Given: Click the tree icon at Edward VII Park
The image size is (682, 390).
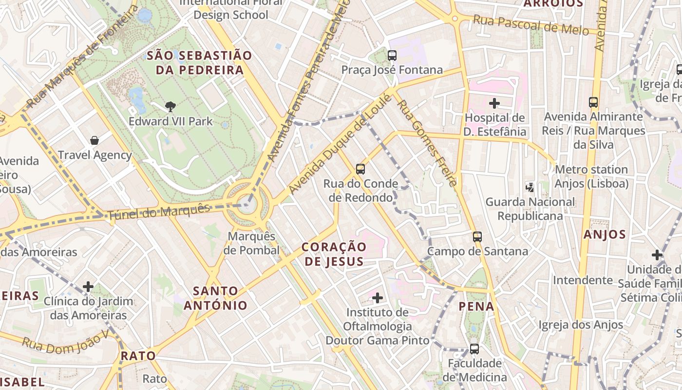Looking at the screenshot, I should click(170, 106).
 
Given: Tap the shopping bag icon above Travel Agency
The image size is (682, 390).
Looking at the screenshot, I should click(95, 140).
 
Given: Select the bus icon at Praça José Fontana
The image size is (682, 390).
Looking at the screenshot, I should click(392, 56).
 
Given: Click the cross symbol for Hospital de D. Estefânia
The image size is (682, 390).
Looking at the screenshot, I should click(494, 103).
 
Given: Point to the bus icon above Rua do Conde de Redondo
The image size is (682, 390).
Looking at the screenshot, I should click(360, 169).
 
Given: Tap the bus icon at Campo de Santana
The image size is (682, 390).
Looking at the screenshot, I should click(477, 237).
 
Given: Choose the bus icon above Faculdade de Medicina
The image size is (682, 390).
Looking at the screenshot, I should click(474, 349).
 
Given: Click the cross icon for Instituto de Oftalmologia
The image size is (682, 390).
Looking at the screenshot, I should click(378, 297).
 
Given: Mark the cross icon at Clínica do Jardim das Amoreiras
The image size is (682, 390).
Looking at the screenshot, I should click(88, 287).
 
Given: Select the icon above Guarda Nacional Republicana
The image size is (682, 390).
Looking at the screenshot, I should click(530, 187).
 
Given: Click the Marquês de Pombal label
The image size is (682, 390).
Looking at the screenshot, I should click(251, 243).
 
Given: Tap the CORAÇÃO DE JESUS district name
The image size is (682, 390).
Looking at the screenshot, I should click(334, 254).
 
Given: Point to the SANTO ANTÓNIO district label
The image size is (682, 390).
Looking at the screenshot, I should click(215, 298).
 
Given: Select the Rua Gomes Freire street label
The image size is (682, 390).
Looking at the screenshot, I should click(427, 139).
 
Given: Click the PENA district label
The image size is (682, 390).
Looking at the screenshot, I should click(476, 307).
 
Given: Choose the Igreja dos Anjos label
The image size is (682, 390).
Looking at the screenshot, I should click(581, 325).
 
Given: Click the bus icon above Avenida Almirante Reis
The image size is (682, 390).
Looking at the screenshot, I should click(593, 102).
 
